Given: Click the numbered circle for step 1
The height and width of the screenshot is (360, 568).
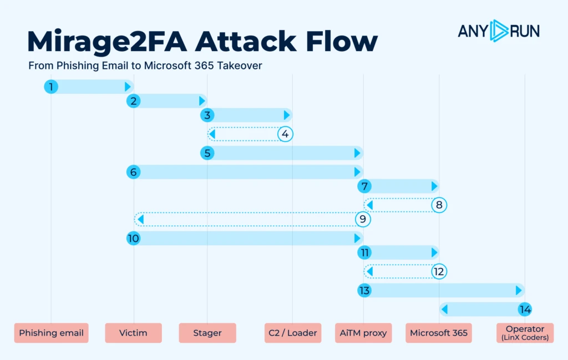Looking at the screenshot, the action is pyautogui.click(x=51, y=87).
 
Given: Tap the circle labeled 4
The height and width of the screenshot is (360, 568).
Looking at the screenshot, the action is pyautogui.click(x=285, y=134).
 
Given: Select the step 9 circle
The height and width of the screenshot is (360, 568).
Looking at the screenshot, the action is pyautogui.click(x=363, y=219).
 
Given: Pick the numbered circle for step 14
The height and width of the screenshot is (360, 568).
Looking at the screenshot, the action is pyautogui.click(x=525, y=310).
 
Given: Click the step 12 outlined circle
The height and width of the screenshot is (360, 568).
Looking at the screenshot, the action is pyautogui.click(x=439, y=272).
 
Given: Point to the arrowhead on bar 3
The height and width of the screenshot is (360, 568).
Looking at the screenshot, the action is pyautogui.click(x=287, y=115).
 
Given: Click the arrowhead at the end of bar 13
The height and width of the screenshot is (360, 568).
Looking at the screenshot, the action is pyautogui.click(x=519, y=291).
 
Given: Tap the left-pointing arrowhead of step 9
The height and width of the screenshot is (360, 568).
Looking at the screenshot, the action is pyautogui.click(x=141, y=219).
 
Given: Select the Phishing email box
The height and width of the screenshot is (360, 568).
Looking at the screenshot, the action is pyautogui.click(x=51, y=333).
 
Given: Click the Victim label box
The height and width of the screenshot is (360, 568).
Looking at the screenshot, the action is pyautogui.click(x=133, y=333).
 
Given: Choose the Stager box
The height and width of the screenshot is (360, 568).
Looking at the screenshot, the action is pyautogui.click(x=207, y=333).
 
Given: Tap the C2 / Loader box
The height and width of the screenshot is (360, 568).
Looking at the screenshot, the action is pyautogui.click(x=293, y=333).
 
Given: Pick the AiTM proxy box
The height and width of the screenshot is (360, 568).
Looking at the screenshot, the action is pyautogui.click(x=363, y=333).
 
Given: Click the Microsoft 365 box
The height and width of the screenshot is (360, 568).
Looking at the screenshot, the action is pyautogui.click(x=439, y=333).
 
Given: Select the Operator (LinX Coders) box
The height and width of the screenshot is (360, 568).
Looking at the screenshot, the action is pyautogui.click(x=525, y=333).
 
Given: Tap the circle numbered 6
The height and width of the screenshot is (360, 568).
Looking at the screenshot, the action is pyautogui.click(x=133, y=172).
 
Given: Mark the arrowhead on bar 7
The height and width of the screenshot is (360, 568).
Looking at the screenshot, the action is pyautogui.click(x=434, y=186).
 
